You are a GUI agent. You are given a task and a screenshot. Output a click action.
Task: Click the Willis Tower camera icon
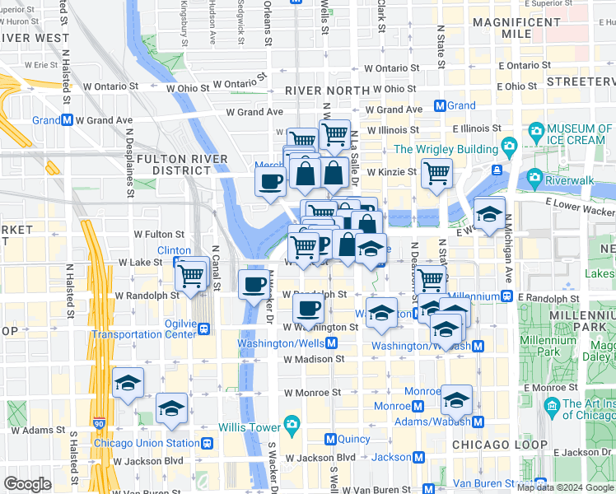click(x=292, y=425)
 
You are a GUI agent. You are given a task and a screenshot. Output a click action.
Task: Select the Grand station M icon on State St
click(x=440, y=105)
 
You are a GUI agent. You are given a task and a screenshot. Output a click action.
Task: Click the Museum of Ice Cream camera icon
click(x=537, y=129)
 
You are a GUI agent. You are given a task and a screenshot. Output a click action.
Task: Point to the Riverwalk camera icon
click(x=533, y=177)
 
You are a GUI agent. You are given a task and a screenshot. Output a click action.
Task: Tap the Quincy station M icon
click(x=331, y=439)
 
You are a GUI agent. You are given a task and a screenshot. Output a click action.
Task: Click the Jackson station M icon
click(x=419, y=457)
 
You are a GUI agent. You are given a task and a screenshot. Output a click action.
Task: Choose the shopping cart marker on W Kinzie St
click(x=436, y=173)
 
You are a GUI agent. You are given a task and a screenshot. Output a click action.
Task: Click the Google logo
click(x=27, y=484)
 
